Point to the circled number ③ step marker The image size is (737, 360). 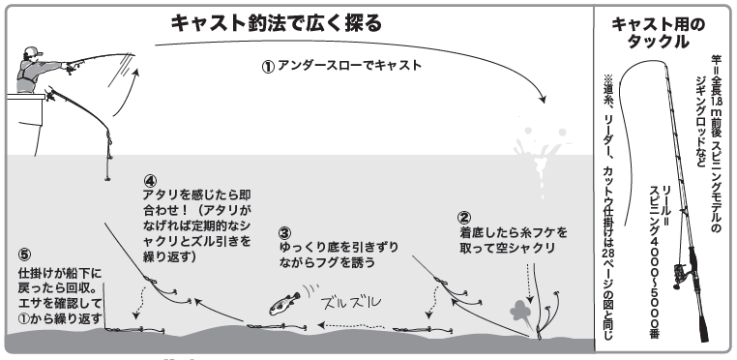point(283,232)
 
